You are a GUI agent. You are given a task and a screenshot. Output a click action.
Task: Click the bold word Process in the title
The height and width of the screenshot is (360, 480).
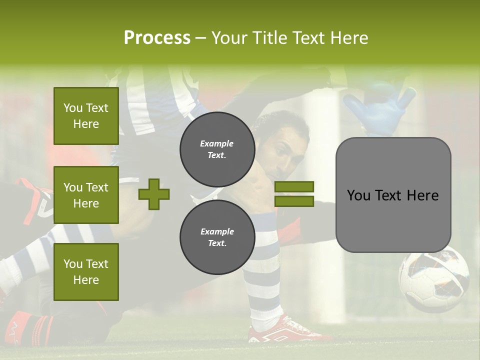157,38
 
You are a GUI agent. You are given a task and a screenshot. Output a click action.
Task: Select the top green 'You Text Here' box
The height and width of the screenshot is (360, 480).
86,116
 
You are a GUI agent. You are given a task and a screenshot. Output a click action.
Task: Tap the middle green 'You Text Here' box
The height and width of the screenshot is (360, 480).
86,195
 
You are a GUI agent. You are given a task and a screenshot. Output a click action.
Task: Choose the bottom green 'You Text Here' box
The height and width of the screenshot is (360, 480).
86,271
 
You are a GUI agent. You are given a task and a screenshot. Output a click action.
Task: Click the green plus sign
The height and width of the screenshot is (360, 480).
154,194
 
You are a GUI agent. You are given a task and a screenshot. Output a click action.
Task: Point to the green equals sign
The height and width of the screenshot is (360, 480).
294,194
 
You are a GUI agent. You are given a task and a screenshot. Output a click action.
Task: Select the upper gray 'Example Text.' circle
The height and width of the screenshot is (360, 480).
217,149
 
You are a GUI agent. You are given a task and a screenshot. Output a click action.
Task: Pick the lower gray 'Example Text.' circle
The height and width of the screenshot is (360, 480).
217,237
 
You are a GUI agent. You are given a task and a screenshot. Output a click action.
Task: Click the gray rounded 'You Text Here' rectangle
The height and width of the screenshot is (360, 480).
393,195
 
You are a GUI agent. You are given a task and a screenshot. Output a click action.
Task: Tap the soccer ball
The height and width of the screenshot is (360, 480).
433,278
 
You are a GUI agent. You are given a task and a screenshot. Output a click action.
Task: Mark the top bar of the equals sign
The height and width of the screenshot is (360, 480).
294,187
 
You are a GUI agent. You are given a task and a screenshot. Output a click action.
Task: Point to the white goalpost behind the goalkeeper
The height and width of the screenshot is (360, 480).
320,200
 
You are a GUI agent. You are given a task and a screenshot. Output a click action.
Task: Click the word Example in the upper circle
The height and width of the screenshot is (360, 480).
216,143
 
